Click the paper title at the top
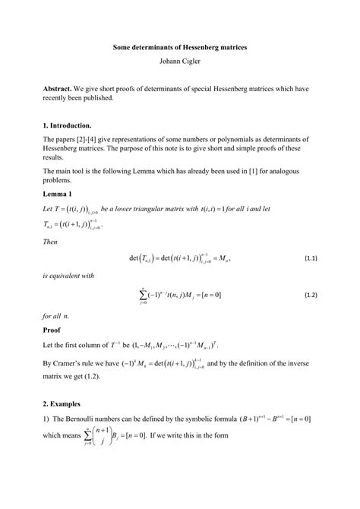[x=180, y=47]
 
